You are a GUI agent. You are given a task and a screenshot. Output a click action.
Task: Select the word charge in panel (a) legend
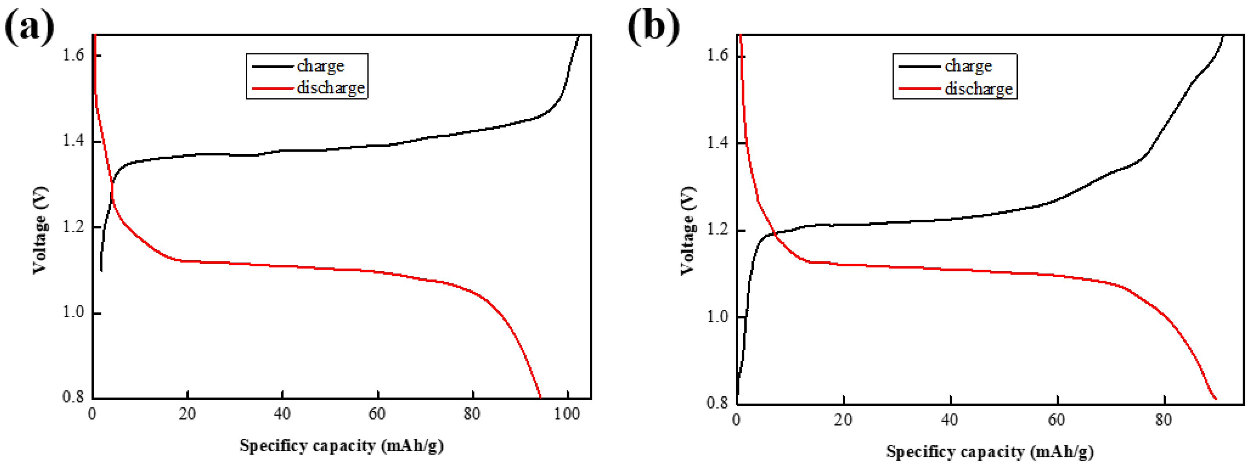click(320, 66)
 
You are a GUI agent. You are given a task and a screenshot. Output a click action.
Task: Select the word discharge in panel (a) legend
click(331, 88)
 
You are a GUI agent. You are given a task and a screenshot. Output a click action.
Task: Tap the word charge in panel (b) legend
click(968, 66)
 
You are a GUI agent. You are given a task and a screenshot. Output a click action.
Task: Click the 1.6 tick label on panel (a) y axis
click(73, 55)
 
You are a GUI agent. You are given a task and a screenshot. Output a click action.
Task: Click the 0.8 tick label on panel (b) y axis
click(717, 403)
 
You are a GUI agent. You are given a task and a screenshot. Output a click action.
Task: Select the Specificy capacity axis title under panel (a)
click(341, 446)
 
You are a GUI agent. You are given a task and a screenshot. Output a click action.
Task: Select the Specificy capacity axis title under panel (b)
click(990, 451)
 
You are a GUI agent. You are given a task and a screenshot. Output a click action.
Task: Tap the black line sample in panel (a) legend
click(272, 66)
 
